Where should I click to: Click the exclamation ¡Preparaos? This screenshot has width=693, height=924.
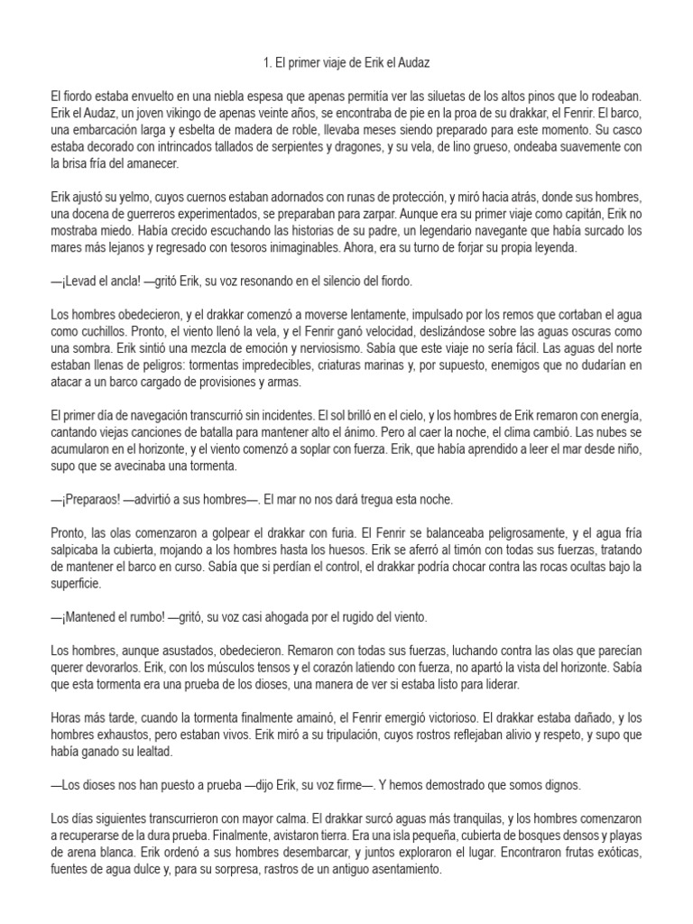tap(88, 499)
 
